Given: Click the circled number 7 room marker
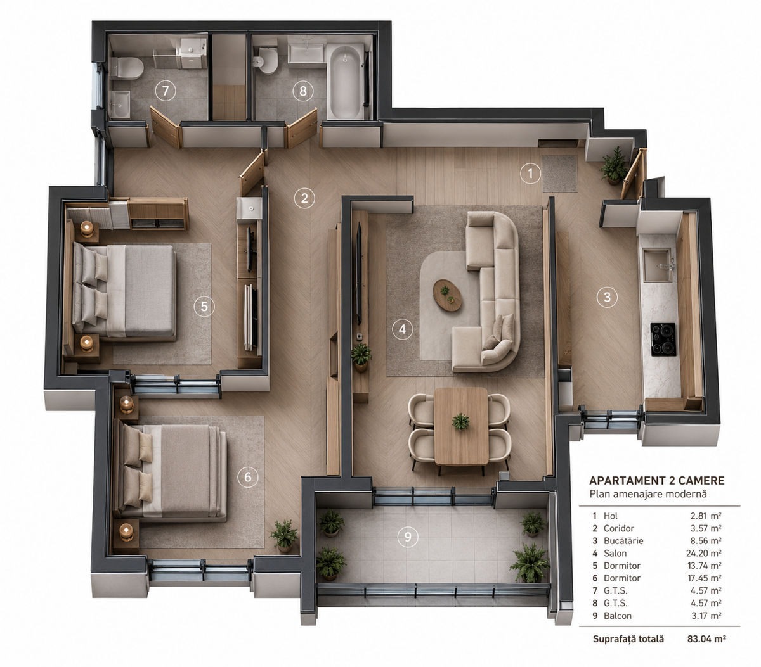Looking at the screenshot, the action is tap(166, 91).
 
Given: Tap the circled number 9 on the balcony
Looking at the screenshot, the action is tap(408, 537).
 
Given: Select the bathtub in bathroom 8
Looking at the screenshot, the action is tap(346, 82).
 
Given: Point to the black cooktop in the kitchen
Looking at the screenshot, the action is tap(663, 339).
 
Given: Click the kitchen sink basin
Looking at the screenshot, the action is tap(658, 265).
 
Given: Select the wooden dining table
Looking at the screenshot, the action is tap(461, 426).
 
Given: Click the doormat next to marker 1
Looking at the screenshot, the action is tap(559, 174).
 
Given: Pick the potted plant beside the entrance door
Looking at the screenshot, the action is tap(613, 165).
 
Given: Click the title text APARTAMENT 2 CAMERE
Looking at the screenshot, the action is tap(656, 481).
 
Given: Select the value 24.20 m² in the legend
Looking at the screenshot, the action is tap(703, 553).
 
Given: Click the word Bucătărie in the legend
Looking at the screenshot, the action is tap(623, 540).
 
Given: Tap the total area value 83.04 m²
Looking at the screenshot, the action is tap(706, 638).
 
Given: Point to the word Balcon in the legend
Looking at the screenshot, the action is tap(618, 616).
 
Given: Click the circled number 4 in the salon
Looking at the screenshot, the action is tap(402, 329).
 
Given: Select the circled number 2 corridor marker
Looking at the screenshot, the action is tap(304, 198).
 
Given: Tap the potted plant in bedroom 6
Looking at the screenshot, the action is tap(284, 536).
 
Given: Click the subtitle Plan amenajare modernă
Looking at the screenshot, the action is tap(648, 493).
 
